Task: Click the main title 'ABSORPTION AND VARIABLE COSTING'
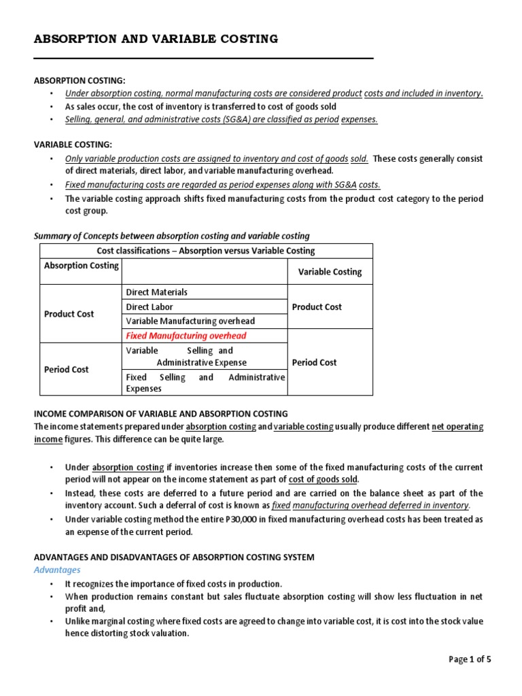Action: pos(156,39)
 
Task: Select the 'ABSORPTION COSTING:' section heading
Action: pos(80,81)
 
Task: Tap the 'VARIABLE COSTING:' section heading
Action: pos(73,145)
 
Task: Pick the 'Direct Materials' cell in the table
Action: pos(157,292)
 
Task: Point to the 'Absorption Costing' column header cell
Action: pos(81,266)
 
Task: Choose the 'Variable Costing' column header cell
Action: pos(330,272)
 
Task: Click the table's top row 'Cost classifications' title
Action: pos(206,251)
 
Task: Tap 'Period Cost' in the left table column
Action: pos(66,369)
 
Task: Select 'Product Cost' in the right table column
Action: pos(317,307)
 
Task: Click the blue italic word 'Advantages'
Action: pos(57,570)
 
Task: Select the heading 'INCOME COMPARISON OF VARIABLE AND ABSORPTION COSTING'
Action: pos(161,414)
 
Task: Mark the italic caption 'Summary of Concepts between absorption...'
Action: pos(171,236)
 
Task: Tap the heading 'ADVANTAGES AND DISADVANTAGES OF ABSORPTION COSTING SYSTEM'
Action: pos(174,557)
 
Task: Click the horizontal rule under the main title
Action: pos(204,58)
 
